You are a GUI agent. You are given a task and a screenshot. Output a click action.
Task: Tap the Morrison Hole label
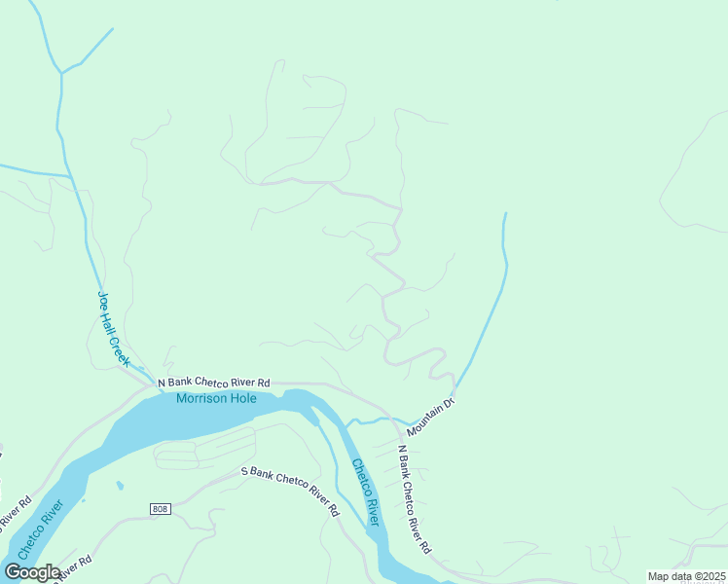[216, 398]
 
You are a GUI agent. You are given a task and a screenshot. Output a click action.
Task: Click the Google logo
[32, 572]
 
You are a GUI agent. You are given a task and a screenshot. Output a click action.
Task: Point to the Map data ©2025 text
[686, 576]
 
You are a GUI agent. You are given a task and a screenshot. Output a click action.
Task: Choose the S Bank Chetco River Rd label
[290, 491]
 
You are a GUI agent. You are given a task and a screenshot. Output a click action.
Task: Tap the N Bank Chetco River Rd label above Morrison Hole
[214, 383]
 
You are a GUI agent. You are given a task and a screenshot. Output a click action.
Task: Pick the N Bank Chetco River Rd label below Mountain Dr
[414, 498]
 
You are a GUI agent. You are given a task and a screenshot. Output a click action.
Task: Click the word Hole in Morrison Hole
[243, 398]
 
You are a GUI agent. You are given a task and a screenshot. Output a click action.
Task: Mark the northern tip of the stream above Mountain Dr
[504, 213]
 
